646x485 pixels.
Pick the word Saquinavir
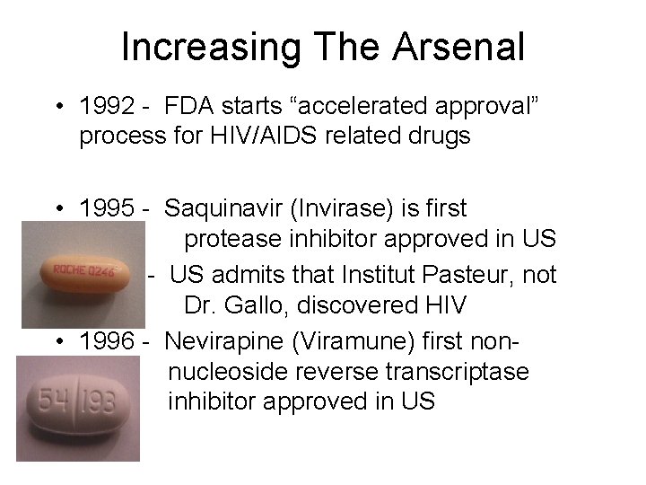231,209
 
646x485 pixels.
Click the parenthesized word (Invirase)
357,209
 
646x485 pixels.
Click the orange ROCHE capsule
85,269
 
